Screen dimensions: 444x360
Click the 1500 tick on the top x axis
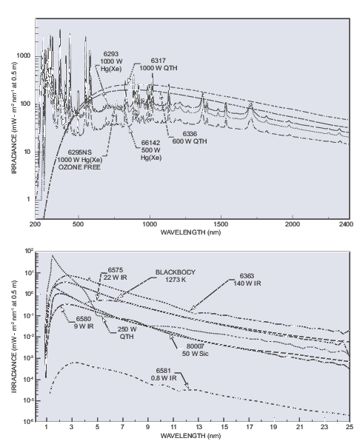pos(221,222)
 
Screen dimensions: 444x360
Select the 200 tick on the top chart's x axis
pos(36,222)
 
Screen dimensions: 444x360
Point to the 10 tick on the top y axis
pos(27,151)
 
